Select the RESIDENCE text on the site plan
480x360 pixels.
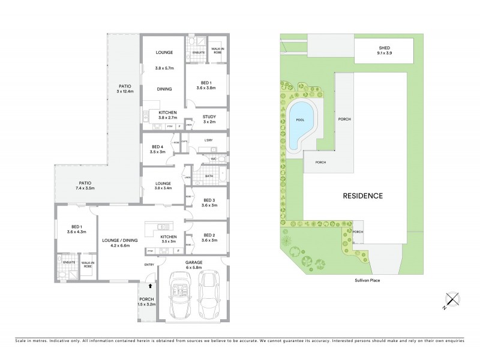pos(362,196)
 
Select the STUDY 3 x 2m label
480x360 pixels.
pos(209,118)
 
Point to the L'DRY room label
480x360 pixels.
pos(209,140)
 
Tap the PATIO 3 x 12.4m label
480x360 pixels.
pos(125,89)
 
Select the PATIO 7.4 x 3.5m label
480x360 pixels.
pos(83,185)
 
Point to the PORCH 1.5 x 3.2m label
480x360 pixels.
pos(146,301)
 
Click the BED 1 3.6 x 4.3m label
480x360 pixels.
pos(76,229)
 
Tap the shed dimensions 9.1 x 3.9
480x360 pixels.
pos(384,53)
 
